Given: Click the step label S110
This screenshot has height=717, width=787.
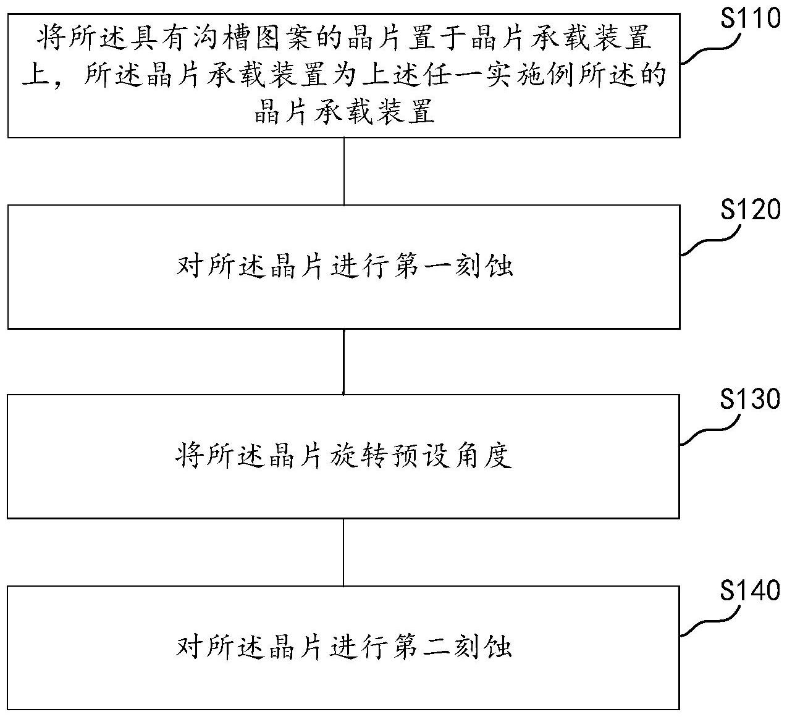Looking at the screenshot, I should pyautogui.click(x=751, y=19).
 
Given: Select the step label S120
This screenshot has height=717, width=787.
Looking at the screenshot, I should pyautogui.click(x=751, y=211).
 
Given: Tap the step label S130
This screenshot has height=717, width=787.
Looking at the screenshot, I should pyautogui.click(x=751, y=400).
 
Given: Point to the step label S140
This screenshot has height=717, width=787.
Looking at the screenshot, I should pyautogui.click(x=751, y=591).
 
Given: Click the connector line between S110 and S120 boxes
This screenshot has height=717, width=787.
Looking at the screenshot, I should pyautogui.click(x=343, y=171).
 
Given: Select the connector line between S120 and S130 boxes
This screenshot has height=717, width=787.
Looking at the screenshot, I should pyautogui.click(x=343, y=361).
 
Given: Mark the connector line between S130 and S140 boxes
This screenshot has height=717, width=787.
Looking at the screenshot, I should pyautogui.click(x=343, y=551).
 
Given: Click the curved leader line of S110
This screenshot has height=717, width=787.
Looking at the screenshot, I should pyautogui.click(x=710, y=50).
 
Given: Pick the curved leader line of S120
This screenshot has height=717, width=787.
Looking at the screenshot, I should pyautogui.click(x=710, y=241).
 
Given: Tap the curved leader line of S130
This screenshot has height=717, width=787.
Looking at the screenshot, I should pyautogui.click(x=710, y=430).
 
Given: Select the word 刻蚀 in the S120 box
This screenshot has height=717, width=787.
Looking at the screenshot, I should pyautogui.click(x=482, y=267).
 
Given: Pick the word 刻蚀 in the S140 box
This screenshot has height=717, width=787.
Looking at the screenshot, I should pyautogui.click(x=482, y=647).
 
